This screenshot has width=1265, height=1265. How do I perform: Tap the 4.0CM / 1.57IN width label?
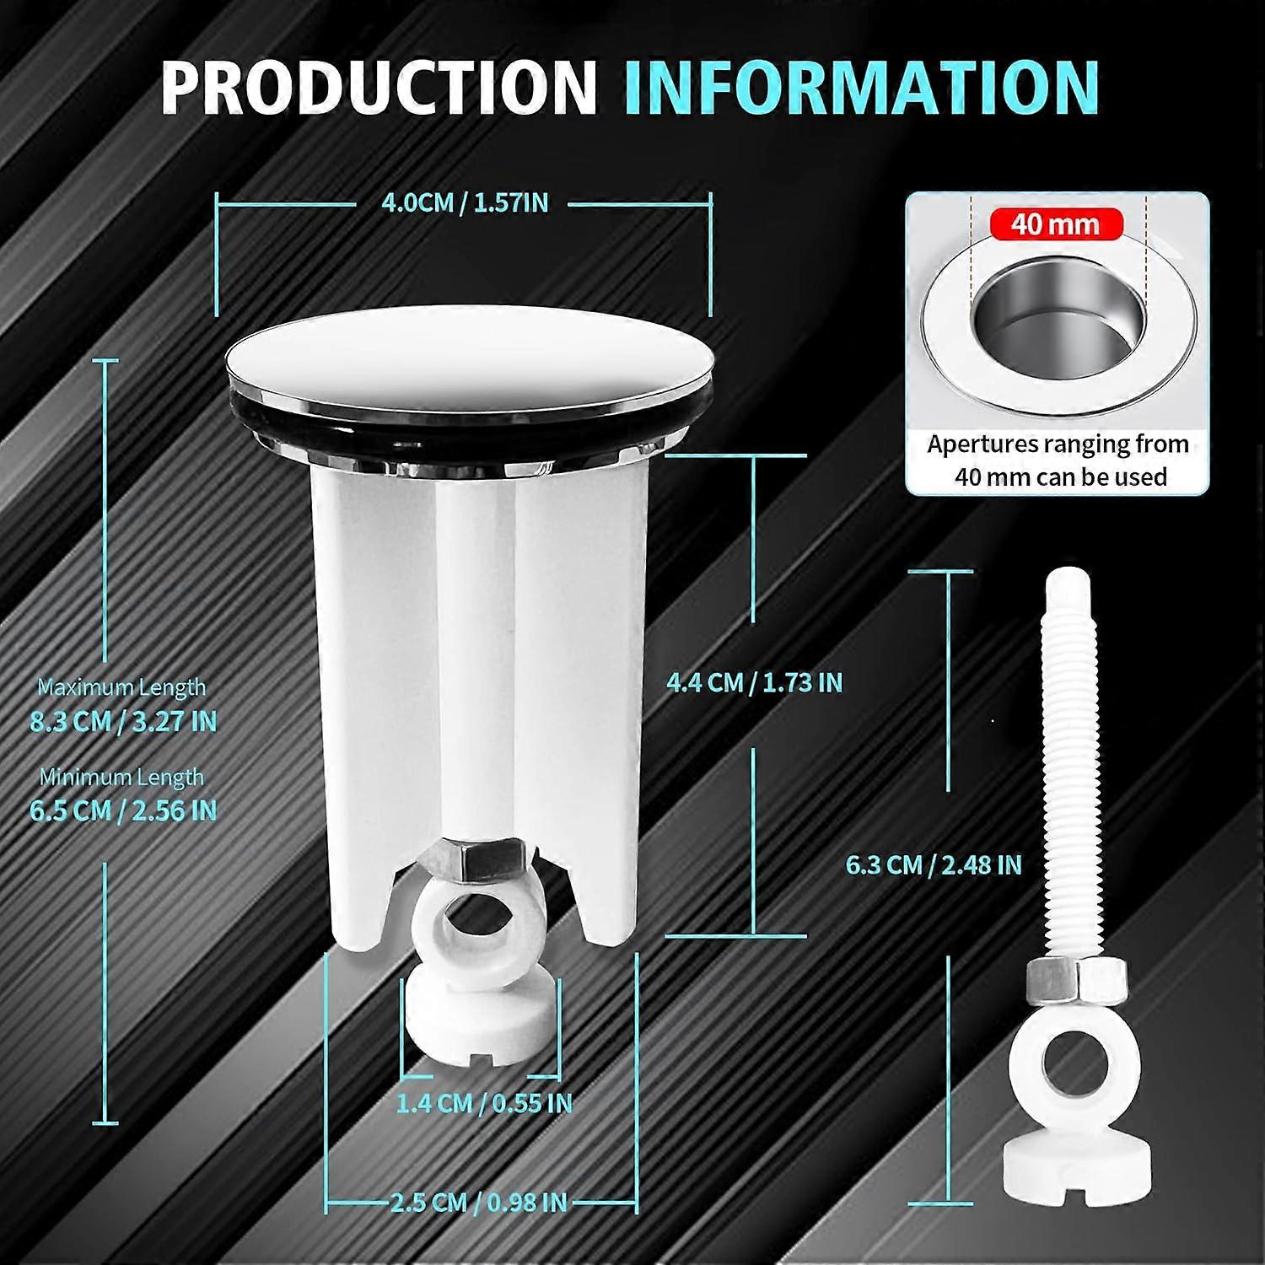465,203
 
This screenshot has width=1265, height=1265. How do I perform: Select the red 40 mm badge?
1055,224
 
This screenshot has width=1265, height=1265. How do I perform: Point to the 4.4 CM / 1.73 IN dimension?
755,682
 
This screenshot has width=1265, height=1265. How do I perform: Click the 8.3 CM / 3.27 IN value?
123,722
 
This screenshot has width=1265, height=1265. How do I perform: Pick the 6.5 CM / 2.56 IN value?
123,810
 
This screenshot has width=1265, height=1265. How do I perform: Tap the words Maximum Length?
121,687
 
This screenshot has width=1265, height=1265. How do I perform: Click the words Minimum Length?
121,777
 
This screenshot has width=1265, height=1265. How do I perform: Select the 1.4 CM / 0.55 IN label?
484,1103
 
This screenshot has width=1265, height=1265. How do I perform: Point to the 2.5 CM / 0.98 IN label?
478,1202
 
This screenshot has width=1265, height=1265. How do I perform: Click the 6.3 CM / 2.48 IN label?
934,865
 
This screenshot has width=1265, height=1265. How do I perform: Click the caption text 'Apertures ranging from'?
1058,444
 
